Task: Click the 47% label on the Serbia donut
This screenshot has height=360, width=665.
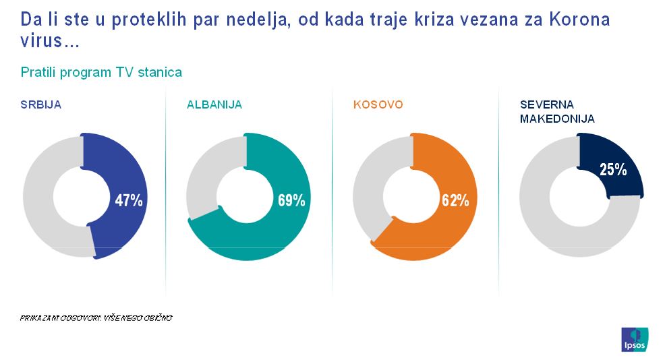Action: click(x=128, y=200)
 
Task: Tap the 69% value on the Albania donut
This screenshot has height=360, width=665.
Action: click(x=291, y=200)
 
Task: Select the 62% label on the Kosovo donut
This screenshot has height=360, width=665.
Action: click(x=455, y=200)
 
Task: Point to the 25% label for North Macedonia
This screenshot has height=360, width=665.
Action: click(x=612, y=170)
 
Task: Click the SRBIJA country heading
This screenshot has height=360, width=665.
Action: click(x=42, y=104)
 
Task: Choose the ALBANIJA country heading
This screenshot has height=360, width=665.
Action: click(x=214, y=104)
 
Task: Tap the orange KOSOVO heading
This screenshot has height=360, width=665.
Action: click(x=378, y=104)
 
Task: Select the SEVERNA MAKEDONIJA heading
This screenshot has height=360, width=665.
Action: click(x=557, y=111)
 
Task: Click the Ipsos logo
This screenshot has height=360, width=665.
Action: click(x=634, y=339)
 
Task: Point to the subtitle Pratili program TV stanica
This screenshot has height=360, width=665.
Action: click(x=102, y=72)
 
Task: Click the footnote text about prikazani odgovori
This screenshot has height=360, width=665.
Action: click(x=96, y=317)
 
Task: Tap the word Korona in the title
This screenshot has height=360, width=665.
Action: click(x=580, y=20)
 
